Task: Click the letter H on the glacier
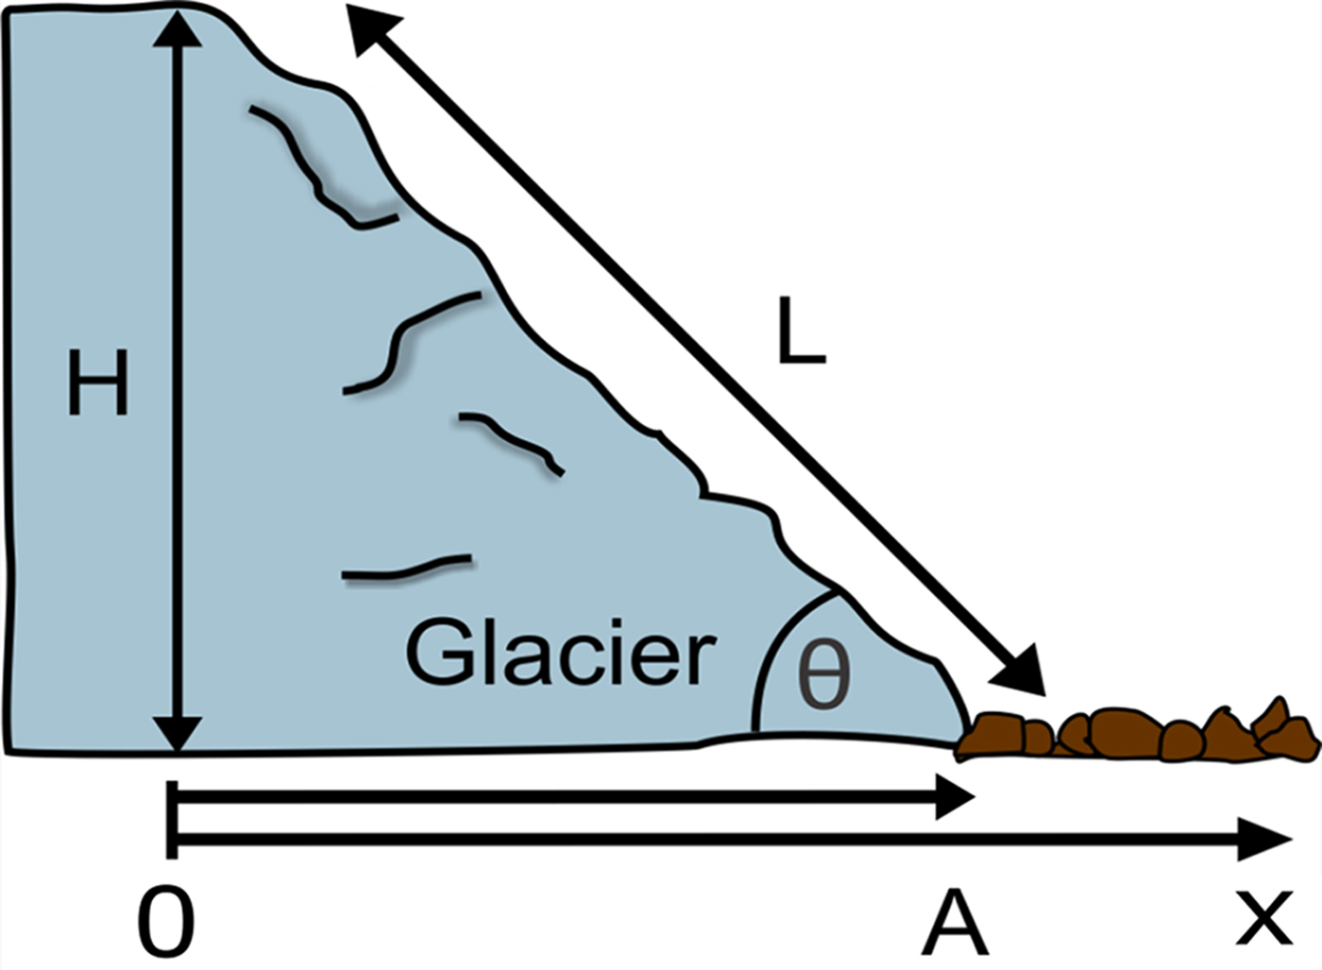(97, 382)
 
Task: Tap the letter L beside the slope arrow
(801, 332)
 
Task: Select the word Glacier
(560, 653)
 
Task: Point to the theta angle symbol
(823, 674)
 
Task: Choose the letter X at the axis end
(1263, 918)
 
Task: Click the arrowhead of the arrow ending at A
(955, 798)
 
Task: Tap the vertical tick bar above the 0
(171, 819)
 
